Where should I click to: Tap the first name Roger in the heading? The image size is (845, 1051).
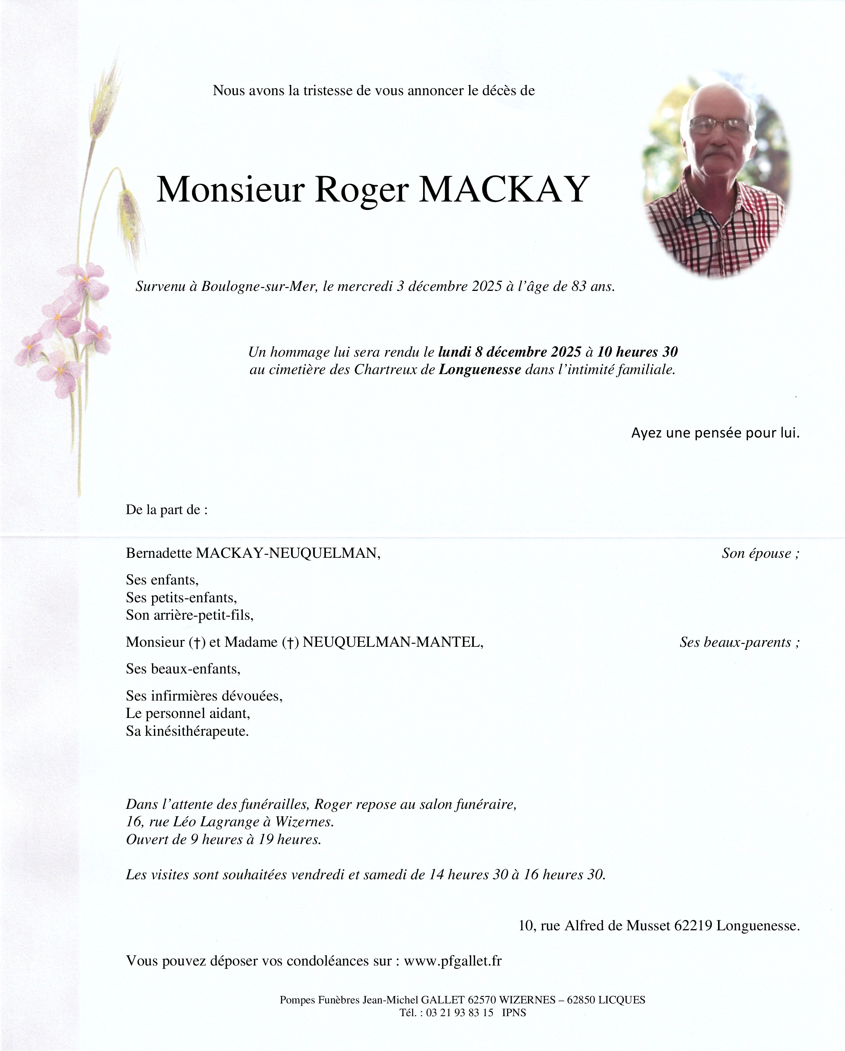pos(362,190)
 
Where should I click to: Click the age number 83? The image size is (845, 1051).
pos(578,287)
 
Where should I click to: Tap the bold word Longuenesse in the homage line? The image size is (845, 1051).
pos(480,369)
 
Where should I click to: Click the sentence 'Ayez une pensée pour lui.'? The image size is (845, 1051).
pos(715,433)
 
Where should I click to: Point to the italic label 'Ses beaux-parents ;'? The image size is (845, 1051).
pos(739,642)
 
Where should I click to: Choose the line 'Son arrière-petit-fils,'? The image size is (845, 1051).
pos(190,615)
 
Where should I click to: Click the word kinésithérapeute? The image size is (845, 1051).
pos(197,731)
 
